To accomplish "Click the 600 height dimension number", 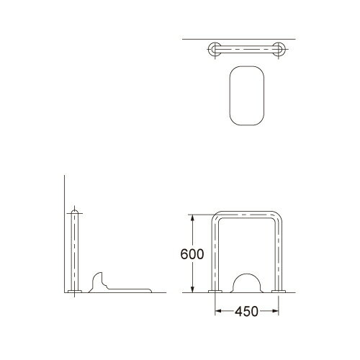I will point(193,254).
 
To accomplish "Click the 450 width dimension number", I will point(246,312).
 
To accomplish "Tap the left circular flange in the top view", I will point(213,50).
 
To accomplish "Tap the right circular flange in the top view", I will point(279,50).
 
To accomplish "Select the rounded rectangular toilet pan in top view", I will point(246,94).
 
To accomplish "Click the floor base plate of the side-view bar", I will point(72,292).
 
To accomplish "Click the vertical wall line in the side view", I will point(64,238).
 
